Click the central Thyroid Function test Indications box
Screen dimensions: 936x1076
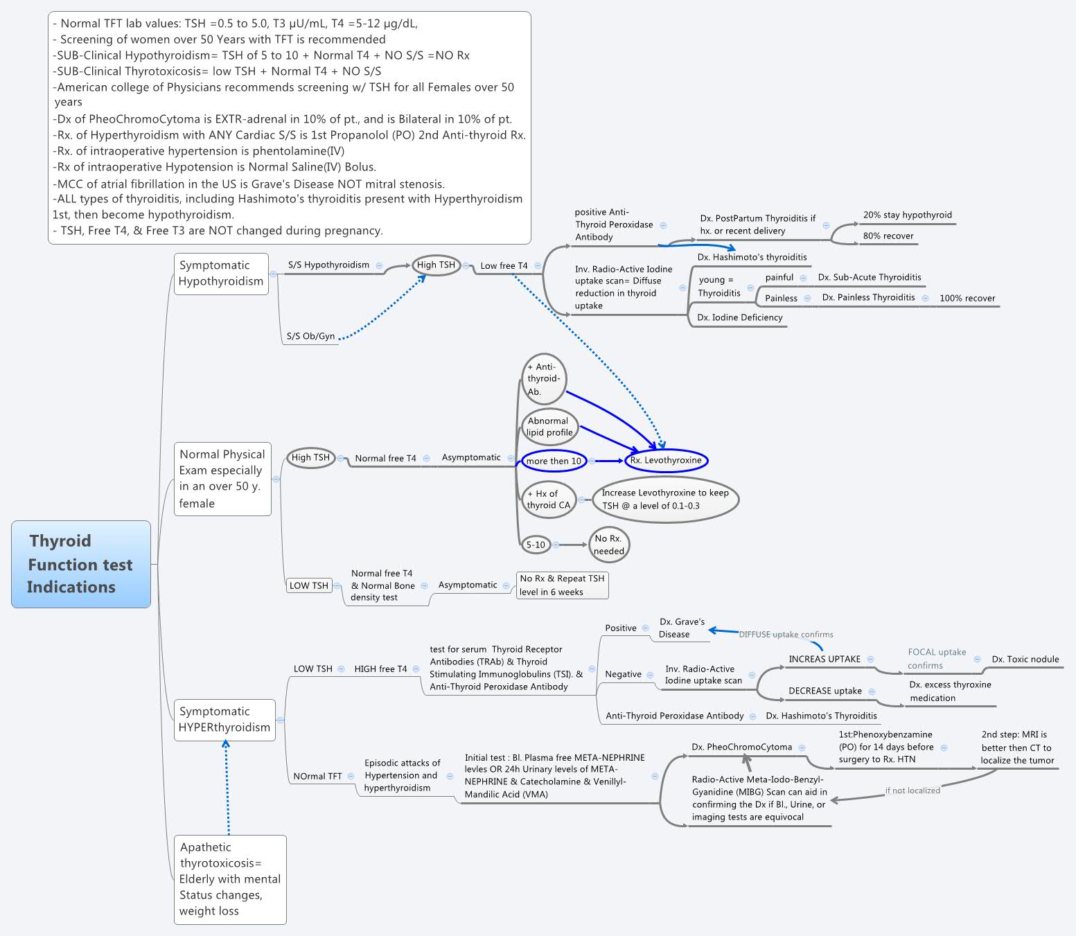(81, 564)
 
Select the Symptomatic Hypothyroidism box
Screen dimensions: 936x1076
(221, 273)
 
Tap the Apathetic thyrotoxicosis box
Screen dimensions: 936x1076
(230, 878)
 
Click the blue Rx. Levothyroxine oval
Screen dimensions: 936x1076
(666, 460)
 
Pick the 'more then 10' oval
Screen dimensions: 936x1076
(554, 461)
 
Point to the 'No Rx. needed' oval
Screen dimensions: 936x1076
(609, 545)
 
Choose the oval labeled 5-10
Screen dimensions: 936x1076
(536, 545)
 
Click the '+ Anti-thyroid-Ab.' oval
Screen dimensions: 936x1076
(543, 379)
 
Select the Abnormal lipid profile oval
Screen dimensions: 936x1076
(549, 427)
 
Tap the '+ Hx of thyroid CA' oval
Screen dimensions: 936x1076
(548, 500)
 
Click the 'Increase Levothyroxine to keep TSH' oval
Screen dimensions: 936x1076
(665, 499)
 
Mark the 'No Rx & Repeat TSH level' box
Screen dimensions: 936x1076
(563, 585)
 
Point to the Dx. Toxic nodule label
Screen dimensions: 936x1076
(1025, 659)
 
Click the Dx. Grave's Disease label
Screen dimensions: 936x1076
(681, 628)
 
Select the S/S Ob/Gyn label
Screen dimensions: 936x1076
(311, 336)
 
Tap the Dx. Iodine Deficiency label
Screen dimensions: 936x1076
(739, 317)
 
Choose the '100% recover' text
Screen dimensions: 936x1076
(967, 298)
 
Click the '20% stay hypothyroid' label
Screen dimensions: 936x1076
(907, 215)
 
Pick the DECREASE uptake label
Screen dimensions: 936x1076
(824, 691)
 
